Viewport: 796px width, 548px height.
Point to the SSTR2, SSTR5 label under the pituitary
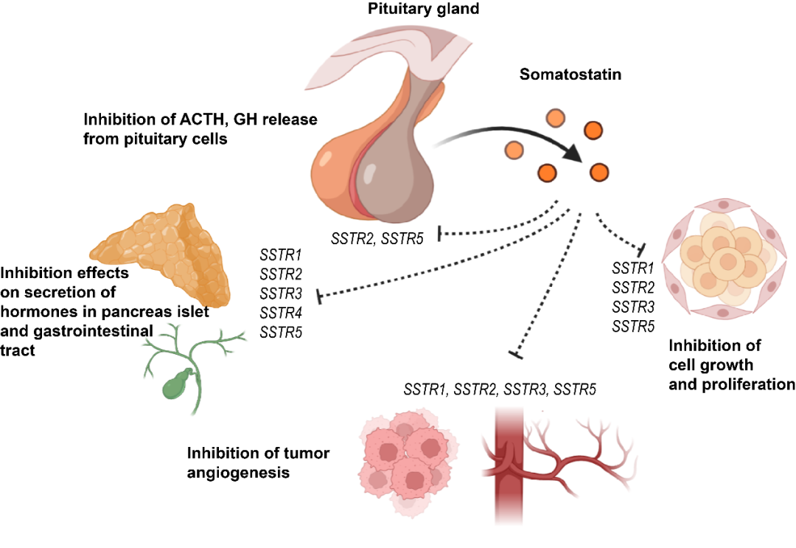coord(377,237)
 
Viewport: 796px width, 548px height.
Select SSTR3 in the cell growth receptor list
coord(633,306)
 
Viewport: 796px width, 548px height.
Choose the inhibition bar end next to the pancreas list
coord(319,296)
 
